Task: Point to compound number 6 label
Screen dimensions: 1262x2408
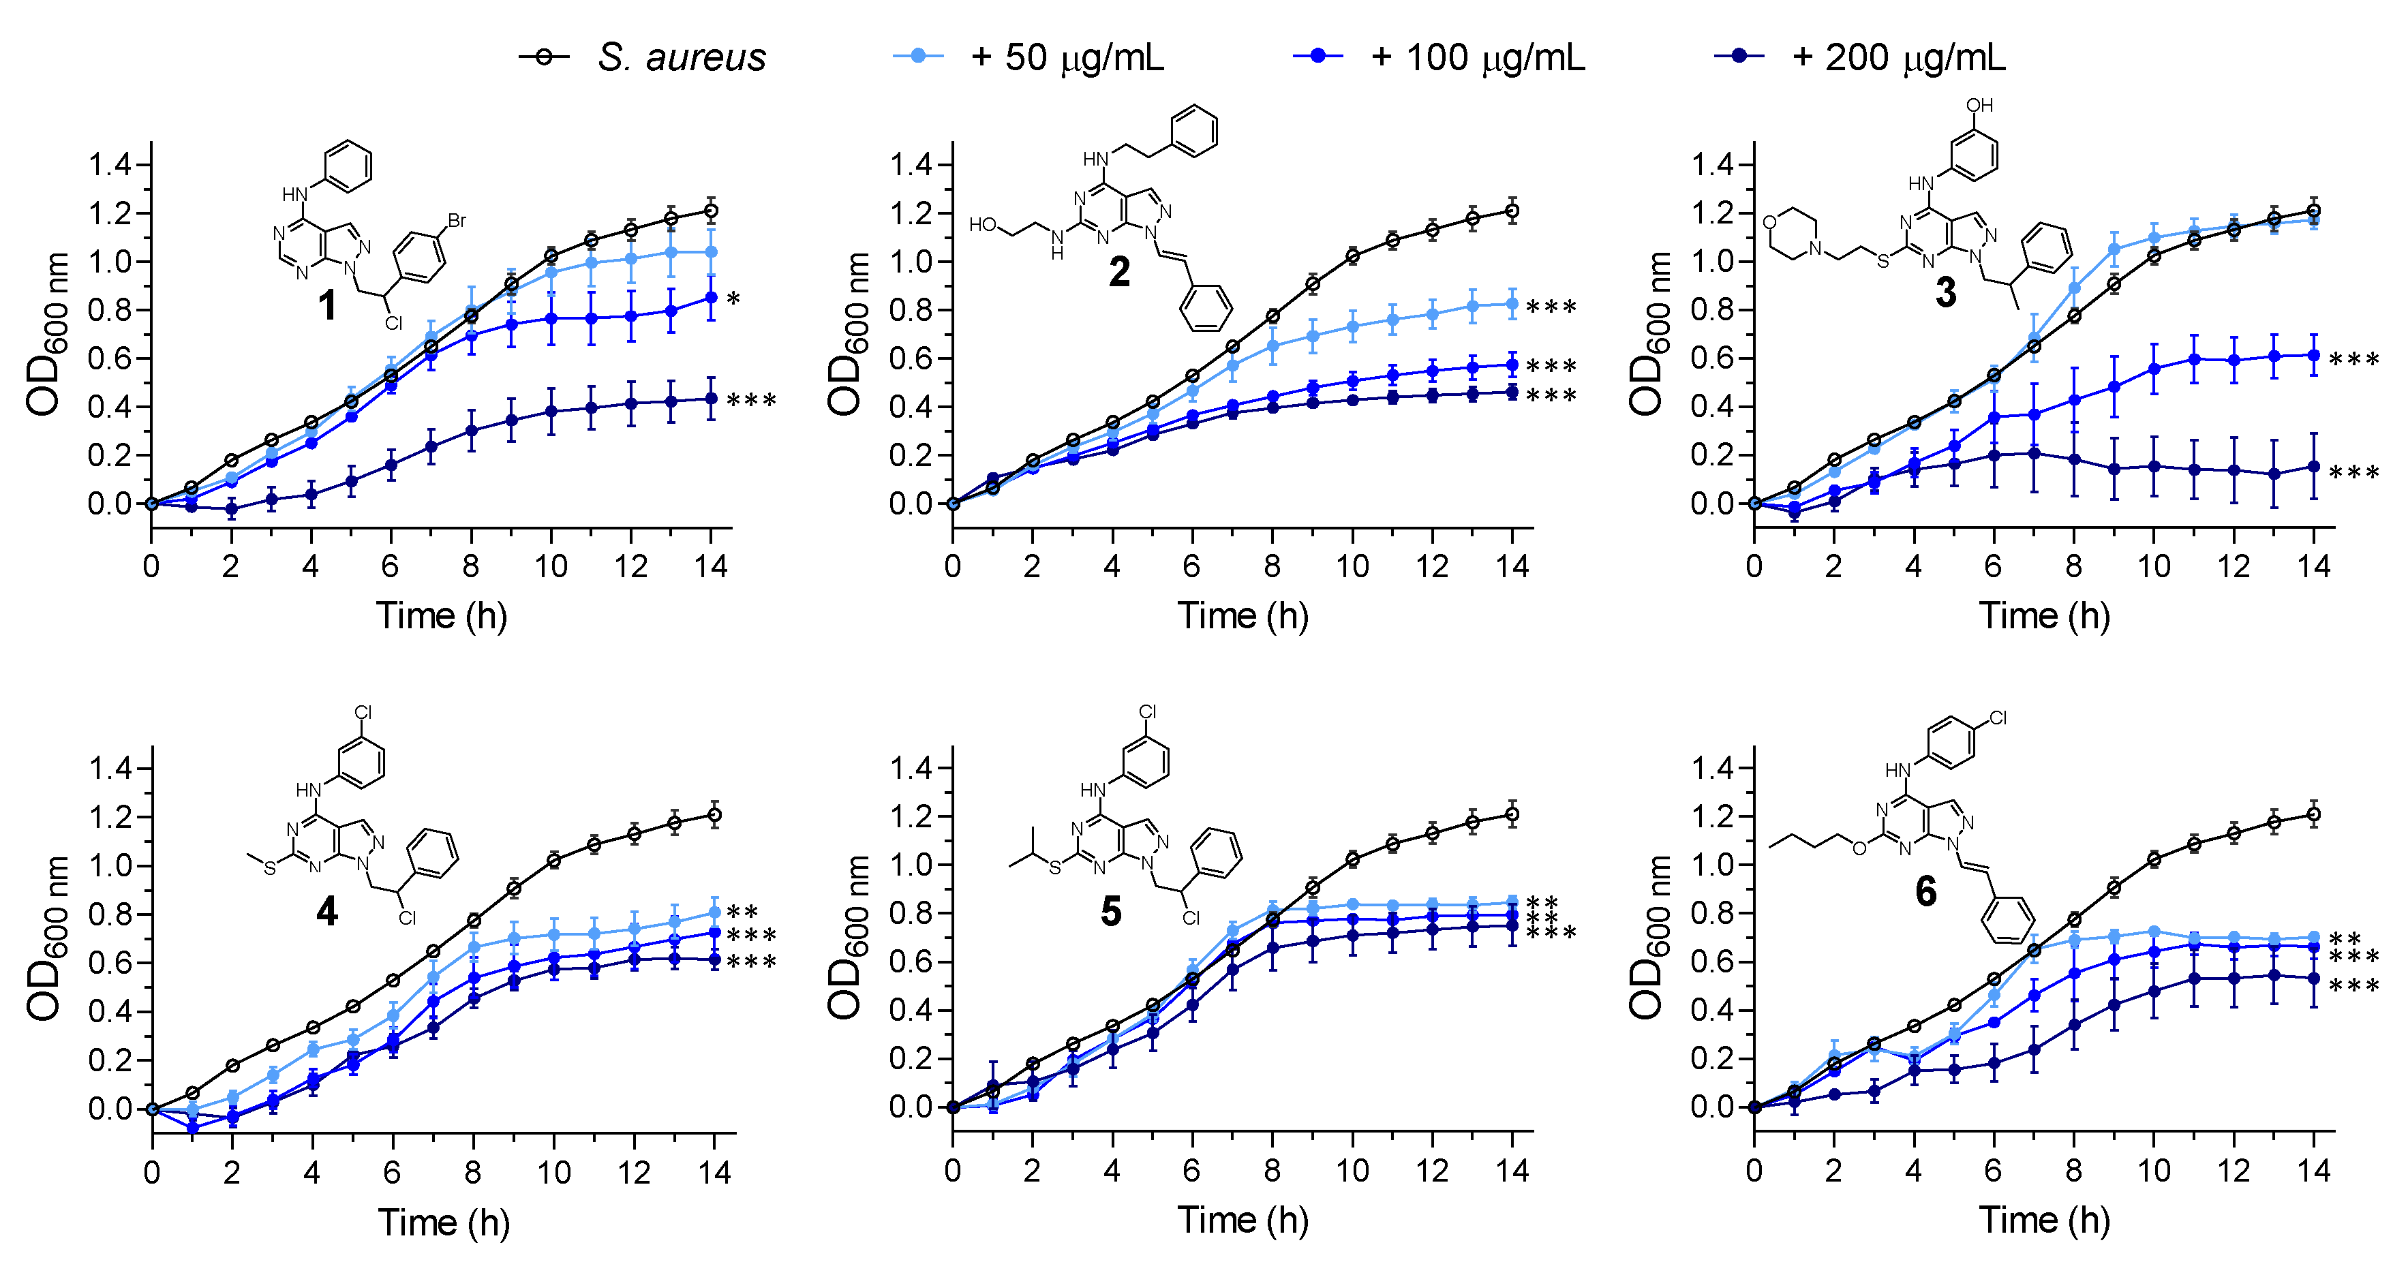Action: (1925, 891)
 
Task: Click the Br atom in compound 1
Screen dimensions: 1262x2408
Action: (456, 221)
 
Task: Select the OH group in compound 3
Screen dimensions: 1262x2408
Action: (1979, 106)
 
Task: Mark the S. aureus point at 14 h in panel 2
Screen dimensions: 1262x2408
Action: (1512, 211)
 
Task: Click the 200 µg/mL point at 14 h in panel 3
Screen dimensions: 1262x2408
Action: (2313, 467)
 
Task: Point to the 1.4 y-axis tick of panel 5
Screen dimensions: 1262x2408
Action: (909, 769)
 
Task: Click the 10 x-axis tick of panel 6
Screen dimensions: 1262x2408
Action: (2154, 1171)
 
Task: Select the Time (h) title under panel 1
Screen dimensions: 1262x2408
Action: (441, 616)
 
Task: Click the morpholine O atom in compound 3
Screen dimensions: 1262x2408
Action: (1769, 223)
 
